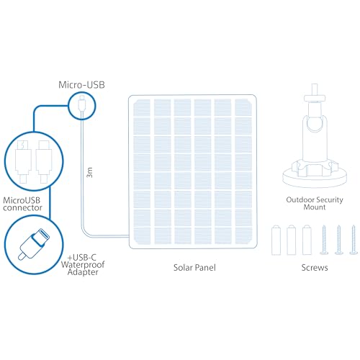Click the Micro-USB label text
[x=81, y=85]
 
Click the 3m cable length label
[x=89, y=172]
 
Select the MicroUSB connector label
[x=22, y=204]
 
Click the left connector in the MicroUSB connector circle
[x=23, y=161]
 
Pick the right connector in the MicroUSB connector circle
[x=44, y=161]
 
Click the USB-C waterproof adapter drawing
[x=35, y=244]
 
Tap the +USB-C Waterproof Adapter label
[x=83, y=265]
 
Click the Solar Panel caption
[x=194, y=268]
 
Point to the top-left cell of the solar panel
[x=142, y=107]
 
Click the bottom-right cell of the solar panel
[x=243, y=235]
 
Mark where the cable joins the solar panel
[x=129, y=237]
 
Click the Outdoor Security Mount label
[x=315, y=203]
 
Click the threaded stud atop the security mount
[x=315, y=90]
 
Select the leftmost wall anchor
[x=276, y=240]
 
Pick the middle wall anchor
[x=292, y=240]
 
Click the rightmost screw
[x=354, y=240]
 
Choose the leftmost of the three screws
[x=324, y=240]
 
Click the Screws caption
[x=315, y=268]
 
